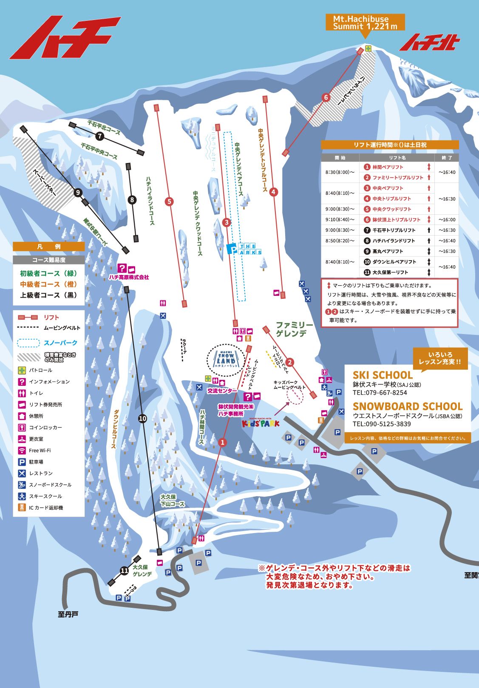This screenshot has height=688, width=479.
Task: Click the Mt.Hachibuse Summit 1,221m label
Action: coord(365,22)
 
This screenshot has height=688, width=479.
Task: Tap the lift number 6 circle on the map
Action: coord(326,97)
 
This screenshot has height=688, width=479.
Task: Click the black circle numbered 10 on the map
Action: coord(142,418)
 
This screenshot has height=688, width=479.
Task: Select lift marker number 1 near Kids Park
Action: coord(222,442)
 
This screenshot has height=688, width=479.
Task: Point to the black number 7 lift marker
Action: coord(100,136)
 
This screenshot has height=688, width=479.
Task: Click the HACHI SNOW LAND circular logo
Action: coord(226,360)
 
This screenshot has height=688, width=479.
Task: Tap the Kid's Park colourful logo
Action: coord(261,423)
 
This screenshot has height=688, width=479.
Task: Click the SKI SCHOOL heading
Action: coord(383,375)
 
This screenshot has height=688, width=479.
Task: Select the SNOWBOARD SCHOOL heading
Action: coord(407,406)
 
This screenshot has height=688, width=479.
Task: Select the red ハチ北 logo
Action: coord(429,42)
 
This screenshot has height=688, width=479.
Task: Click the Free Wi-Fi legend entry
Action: coord(40,450)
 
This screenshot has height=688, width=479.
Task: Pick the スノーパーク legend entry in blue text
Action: coord(60,343)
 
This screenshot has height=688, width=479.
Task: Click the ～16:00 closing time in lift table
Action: coord(447,219)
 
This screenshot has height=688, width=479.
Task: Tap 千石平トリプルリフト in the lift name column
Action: coord(394,230)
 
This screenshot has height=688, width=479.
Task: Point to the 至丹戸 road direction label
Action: coord(68,614)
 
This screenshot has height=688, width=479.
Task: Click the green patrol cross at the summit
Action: coord(368,48)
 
